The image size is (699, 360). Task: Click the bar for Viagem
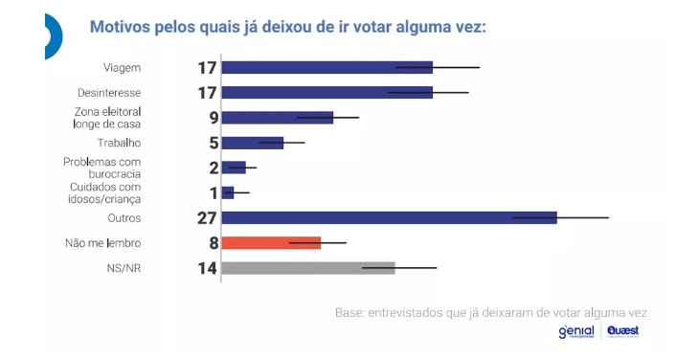point(327,68)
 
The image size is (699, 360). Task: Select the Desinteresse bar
point(327,93)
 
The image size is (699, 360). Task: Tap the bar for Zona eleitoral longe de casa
point(278,118)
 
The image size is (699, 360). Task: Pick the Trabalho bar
point(253,143)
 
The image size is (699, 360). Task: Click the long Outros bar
point(389,218)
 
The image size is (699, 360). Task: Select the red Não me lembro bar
point(271,243)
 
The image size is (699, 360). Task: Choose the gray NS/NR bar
point(308,268)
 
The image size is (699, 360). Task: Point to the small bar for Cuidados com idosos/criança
point(228,192)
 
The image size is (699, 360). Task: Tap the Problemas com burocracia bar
point(234,168)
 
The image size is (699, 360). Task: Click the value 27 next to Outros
point(207,218)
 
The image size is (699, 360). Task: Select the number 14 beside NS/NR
point(207,268)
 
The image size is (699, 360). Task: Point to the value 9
point(214,118)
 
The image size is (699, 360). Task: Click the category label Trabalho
point(119,143)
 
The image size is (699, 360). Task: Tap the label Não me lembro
point(103,243)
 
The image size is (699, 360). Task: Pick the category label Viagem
point(123,68)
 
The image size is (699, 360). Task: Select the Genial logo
point(576,332)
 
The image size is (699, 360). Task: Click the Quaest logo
point(622,331)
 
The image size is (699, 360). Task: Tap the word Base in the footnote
point(349,313)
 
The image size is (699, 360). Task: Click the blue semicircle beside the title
point(54,36)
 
